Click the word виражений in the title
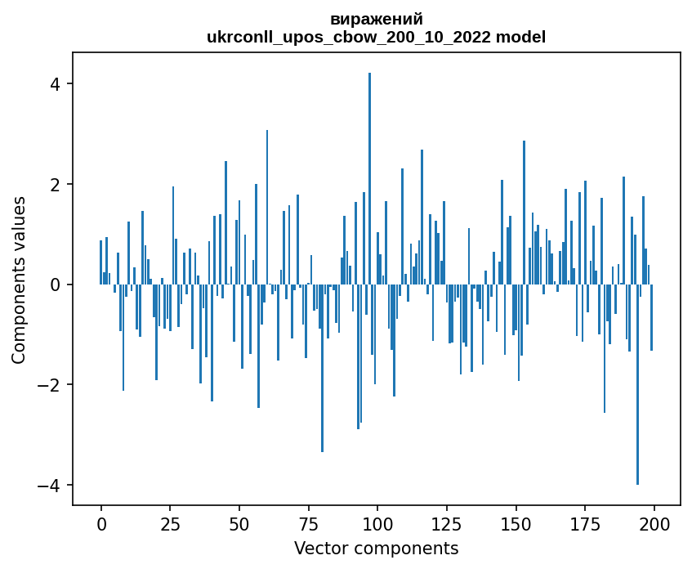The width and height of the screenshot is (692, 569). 377,19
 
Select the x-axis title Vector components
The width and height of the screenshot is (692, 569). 376,548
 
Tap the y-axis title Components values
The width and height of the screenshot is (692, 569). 19,280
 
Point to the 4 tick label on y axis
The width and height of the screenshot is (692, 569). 55,84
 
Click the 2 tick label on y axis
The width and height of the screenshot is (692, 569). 55,185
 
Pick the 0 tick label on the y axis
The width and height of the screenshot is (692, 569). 55,284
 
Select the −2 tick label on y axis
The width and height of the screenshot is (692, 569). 50,385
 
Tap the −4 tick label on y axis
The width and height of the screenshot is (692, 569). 50,486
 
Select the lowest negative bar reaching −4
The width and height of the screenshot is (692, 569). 637,384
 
